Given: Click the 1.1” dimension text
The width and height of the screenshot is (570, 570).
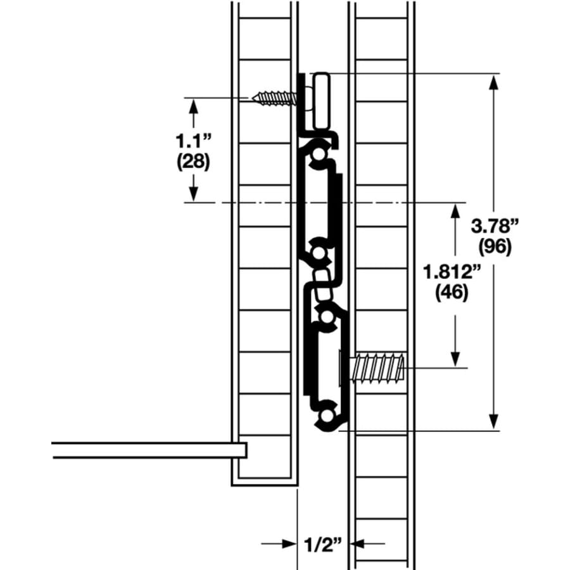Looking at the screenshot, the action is pyautogui.click(x=193, y=141).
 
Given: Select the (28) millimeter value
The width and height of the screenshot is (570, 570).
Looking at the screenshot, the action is pyautogui.click(x=193, y=161).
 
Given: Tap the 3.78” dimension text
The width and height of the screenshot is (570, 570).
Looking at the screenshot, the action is pyautogui.click(x=495, y=226).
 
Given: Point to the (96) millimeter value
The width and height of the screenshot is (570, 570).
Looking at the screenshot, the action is pyautogui.click(x=495, y=247).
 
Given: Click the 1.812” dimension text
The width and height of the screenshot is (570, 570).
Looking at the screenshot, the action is pyautogui.click(x=452, y=272).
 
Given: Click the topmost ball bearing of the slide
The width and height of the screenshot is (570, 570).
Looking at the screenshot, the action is pyautogui.click(x=319, y=154).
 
